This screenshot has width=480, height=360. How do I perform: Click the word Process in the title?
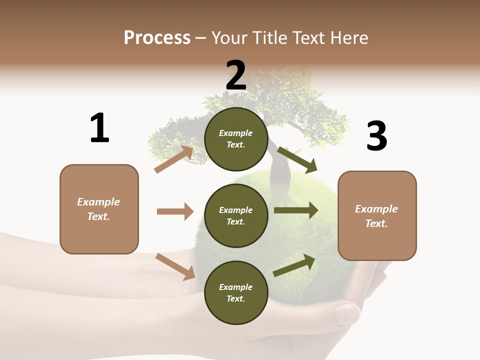(157, 37)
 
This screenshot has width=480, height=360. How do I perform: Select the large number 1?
(99, 128)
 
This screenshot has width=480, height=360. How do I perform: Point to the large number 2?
(236, 75)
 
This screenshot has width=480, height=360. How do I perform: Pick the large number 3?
(376, 136)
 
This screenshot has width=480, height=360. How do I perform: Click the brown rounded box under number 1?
(99, 209)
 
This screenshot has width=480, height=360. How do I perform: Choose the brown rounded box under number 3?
(377, 215)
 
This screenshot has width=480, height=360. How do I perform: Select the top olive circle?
(236, 138)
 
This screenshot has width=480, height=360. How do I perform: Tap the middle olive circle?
(236, 215)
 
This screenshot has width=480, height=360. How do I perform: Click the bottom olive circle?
(236, 292)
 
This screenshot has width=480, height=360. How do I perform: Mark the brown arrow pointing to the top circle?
(174, 159)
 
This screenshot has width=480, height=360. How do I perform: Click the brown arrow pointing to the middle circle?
(175, 211)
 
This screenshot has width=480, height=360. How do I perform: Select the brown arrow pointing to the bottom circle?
(175, 266)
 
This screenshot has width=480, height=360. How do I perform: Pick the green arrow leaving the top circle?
(297, 159)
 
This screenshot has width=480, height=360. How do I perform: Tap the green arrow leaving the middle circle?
(296, 210)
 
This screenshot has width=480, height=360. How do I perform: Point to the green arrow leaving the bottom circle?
(294, 265)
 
